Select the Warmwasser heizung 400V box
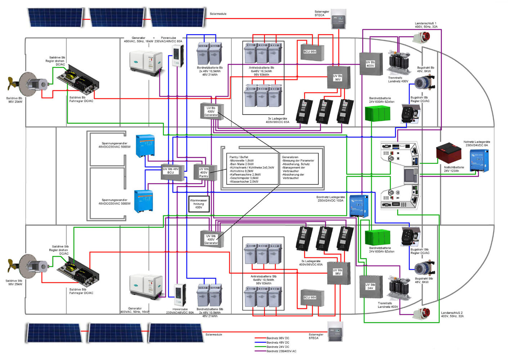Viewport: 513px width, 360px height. click(198, 204)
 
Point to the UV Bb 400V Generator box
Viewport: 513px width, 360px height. click(212, 112)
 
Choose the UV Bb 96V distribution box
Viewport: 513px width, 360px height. click(338, 77)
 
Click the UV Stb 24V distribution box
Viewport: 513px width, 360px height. click(370, 287)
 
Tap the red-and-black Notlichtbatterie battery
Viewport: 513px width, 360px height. click(449, 153)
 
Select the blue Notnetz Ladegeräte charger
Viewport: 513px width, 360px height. click(479, 161)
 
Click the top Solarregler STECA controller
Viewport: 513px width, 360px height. click(338, 19)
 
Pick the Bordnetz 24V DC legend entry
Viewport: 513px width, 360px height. click(278, 347)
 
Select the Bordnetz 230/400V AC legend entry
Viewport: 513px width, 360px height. click(281, 351)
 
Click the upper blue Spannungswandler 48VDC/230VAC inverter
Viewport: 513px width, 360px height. click(145, 145)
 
